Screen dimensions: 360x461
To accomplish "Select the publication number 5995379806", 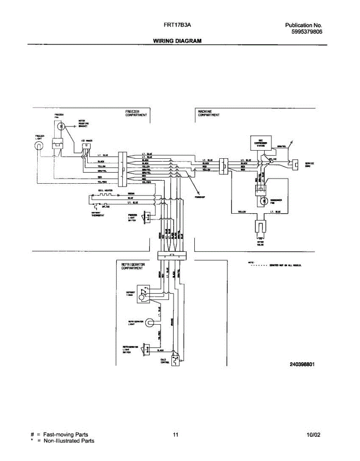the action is coord(307,32).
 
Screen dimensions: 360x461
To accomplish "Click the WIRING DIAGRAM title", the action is coord(177,41).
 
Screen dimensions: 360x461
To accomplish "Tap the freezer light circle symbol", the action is coord(39,146).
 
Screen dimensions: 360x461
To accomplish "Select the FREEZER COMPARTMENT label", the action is coord(136,113).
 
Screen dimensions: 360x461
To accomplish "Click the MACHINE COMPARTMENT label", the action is coord(209,113).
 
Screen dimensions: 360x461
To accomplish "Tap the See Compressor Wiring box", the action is coord(260,143).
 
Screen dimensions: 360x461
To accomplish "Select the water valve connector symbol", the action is coord(260,227).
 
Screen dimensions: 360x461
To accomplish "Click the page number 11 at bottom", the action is coord(175,435).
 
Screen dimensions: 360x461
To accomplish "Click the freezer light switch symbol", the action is coord(146,217).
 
